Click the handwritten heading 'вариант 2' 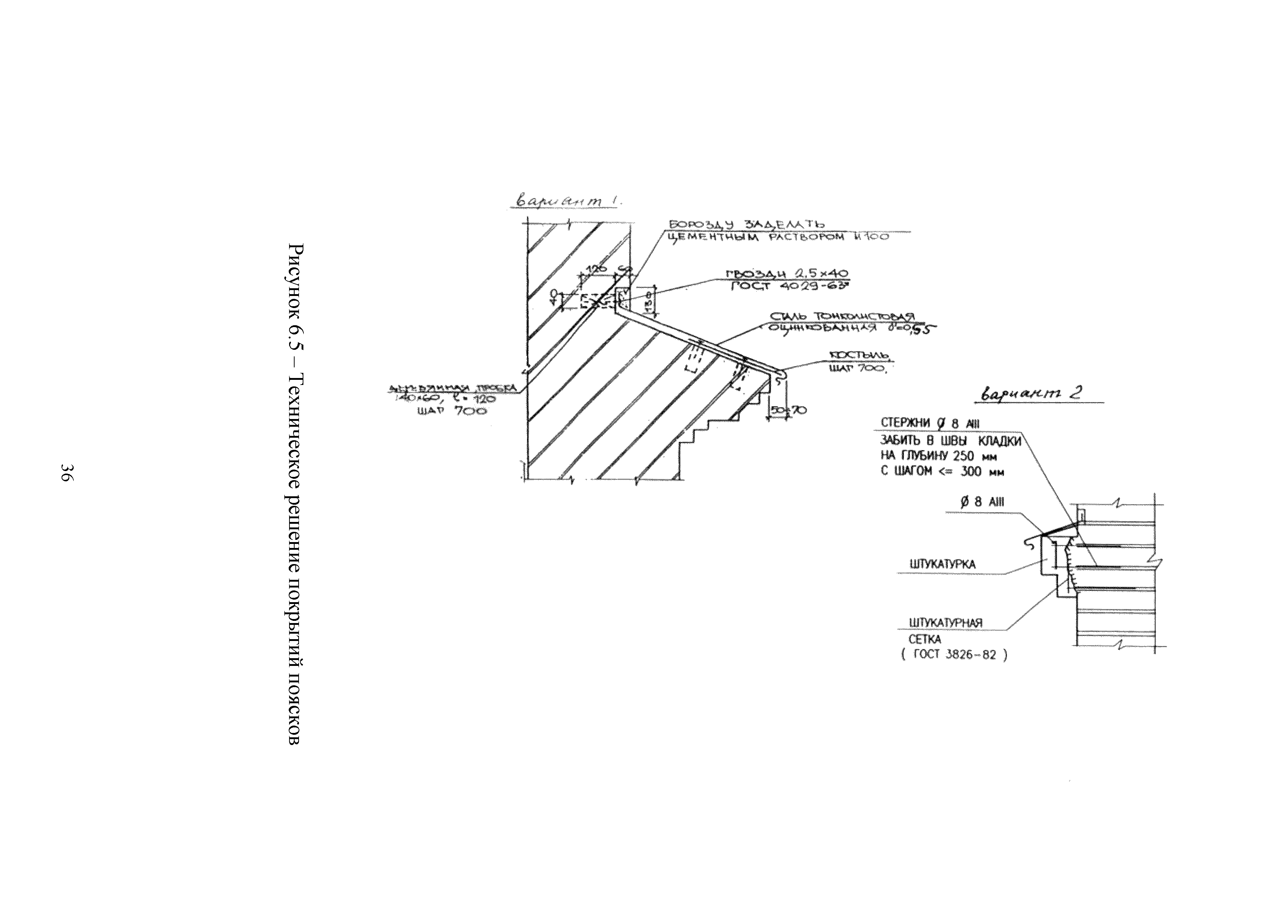pos(1029,394)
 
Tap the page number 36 pos(66,473)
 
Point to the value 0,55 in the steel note pos(918,330)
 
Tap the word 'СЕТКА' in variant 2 pos(924,639)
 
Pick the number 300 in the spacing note pos(971,472)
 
